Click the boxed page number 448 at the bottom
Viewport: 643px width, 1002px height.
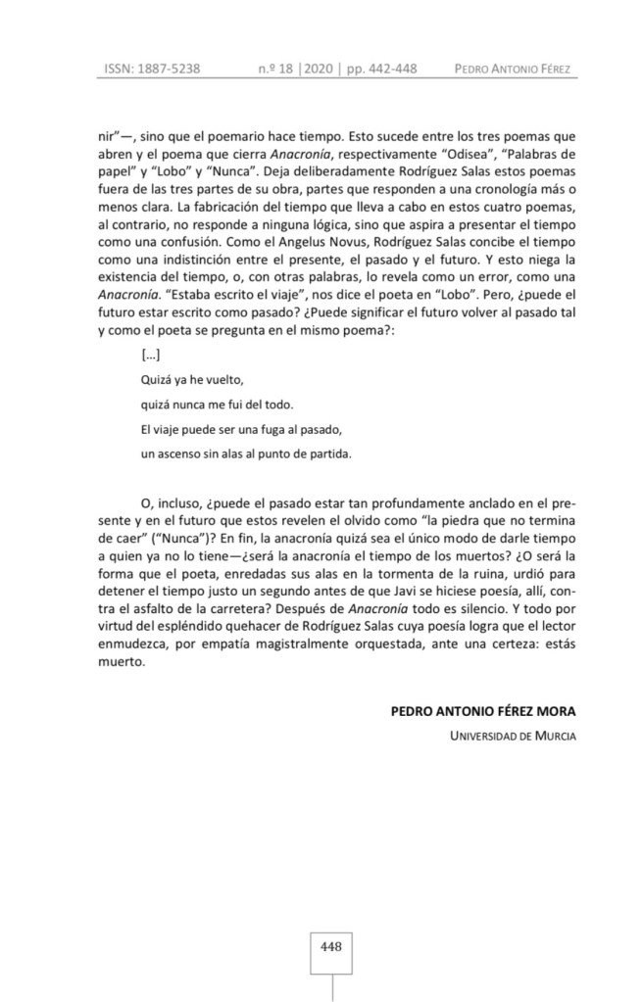pyautogui.click(x=330, y=946)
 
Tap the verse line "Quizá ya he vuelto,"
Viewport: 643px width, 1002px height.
pyautogui.click(x=190, y=379)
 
